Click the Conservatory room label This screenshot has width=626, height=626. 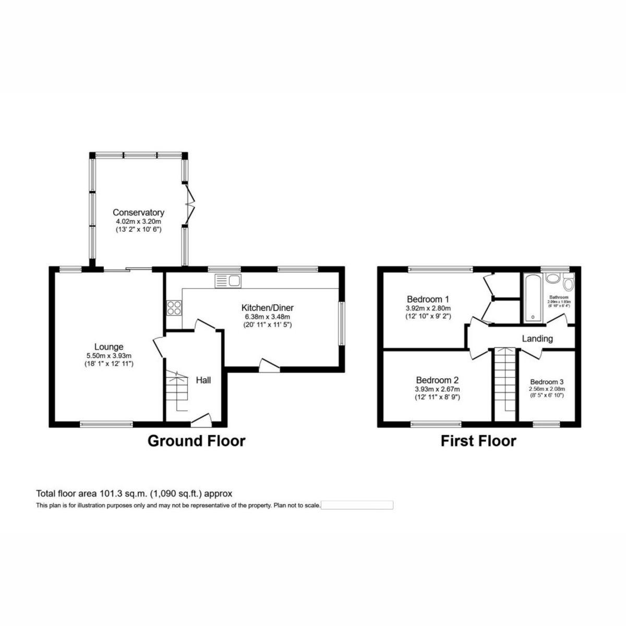(138, 212)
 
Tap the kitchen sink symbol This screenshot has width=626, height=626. (227, 281)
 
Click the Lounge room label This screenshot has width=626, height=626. (109, 347)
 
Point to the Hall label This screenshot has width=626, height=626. (203, 380)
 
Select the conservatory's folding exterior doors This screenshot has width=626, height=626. (190, 204)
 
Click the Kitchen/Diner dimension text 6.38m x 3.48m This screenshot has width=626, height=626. (267, 317)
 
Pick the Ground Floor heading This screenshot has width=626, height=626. (196, 441)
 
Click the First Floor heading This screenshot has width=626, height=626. (478, 441)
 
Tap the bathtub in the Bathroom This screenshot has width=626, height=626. (531, 296)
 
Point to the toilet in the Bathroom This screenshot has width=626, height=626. (568, 283)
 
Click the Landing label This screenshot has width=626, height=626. (537, 339)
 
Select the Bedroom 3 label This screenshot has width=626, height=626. (546, 382)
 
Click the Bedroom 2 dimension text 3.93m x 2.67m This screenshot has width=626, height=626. (437, 389)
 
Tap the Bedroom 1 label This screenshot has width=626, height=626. (428, 299)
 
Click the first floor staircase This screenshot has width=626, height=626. (504, 381)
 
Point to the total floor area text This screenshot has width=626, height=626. (134, 493)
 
